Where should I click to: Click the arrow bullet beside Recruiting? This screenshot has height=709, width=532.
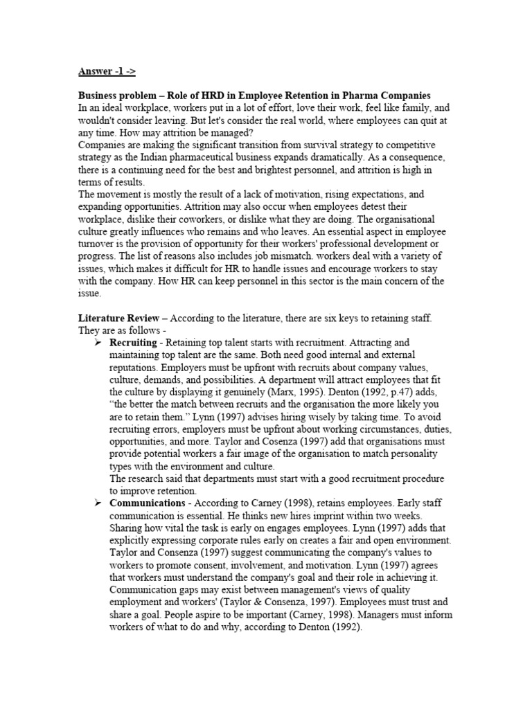98,343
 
